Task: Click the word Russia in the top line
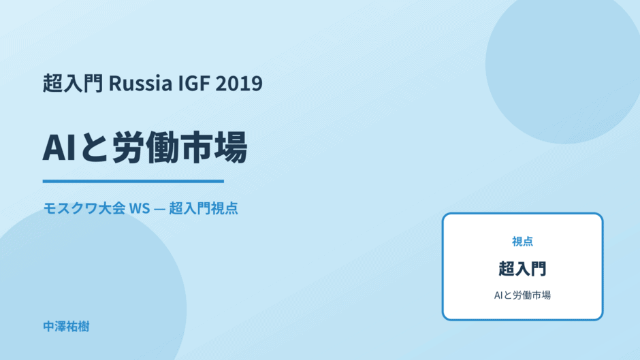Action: coord(140,83)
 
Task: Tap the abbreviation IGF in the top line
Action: coord(194,83)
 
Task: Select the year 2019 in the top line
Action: coord(239,83)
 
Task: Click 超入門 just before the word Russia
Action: coord(73,83)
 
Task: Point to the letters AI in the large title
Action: coord(59,148)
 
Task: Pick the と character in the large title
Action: coord(93,148)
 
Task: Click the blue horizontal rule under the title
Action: coord(133,181)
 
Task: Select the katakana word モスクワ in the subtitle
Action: coord(70,208)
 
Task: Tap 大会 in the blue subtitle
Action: coord(112,208)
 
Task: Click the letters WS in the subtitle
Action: coord(140,208)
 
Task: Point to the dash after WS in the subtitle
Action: coord(160,208)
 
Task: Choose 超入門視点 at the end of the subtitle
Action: coord(204,208)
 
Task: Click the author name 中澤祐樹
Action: coord(66,327)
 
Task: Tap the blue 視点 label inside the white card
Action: coord(522,242)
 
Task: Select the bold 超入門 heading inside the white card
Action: coord(522,269)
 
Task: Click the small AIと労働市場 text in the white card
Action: coord(522,295)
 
